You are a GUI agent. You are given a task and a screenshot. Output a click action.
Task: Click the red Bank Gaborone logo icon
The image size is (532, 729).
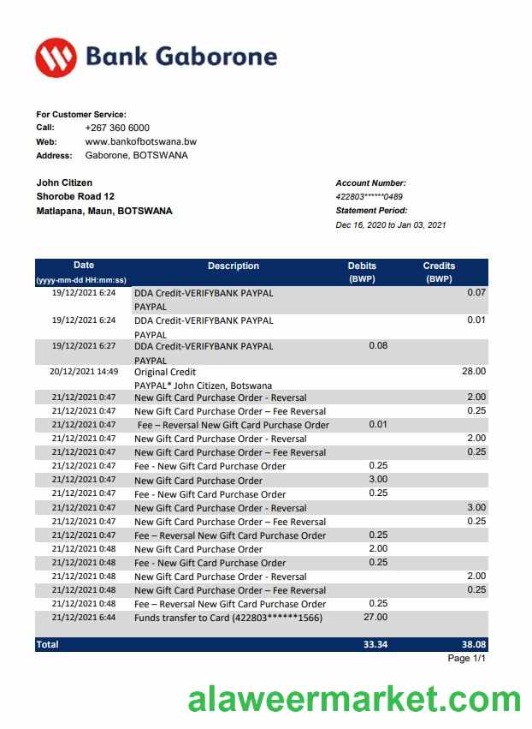pos(56,57)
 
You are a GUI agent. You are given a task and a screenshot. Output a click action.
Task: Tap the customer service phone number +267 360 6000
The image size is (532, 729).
pos(117,128)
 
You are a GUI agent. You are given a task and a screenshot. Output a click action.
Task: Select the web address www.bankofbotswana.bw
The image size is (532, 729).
pos(141,141)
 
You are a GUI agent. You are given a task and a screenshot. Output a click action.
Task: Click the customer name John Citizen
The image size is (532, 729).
pos(64,182)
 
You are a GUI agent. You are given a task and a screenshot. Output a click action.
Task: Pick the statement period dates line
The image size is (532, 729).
pos(391,225)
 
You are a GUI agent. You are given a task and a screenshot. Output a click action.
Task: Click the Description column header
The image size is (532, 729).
pos(233,266)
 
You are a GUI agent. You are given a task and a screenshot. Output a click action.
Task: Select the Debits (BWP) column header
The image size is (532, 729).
pos(362,272)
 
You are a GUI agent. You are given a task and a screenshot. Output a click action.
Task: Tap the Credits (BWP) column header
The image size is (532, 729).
pos(439,272)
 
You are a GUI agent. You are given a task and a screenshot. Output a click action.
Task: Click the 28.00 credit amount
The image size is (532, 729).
pos(473,372)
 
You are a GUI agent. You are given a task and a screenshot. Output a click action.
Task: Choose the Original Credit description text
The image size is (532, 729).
pos(165,373)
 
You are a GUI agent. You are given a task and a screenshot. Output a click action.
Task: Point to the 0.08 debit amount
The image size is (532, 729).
pos(377,346)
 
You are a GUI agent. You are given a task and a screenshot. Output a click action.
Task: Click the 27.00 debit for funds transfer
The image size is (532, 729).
pos(376,617)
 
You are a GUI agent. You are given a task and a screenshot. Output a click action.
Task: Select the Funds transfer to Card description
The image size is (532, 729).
pos(228,618)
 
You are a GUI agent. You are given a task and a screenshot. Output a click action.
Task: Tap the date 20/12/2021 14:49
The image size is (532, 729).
pos(85,372)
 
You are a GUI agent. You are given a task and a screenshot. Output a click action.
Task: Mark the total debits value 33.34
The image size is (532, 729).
pos(375,644)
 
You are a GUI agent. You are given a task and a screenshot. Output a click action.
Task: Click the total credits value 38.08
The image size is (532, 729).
pos(471,644)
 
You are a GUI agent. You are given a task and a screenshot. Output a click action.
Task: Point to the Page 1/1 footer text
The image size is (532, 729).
pos(467,659)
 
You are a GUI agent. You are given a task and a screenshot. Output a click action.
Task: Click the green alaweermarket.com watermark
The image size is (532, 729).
pos(355,700)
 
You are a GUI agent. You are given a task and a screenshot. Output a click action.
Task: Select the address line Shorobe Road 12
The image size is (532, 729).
pos(75,196)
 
